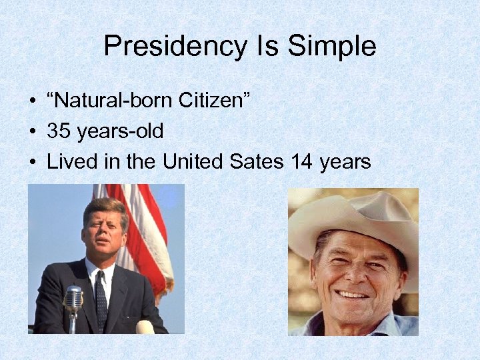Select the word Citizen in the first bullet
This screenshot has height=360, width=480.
tap(214, 101)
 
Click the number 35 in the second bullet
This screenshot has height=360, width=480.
tap(59, 131)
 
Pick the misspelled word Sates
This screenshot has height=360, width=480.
tap(259, 161)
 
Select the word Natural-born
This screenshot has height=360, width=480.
tap(112, 101)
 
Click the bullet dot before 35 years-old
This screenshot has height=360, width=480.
tap(32, 131)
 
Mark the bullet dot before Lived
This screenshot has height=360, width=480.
tap(32, 161)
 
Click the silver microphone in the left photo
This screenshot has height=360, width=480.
tap(73, 298)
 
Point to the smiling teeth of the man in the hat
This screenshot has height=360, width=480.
tap(354, 294)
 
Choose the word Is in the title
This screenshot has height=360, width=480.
tap(265, 47)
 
